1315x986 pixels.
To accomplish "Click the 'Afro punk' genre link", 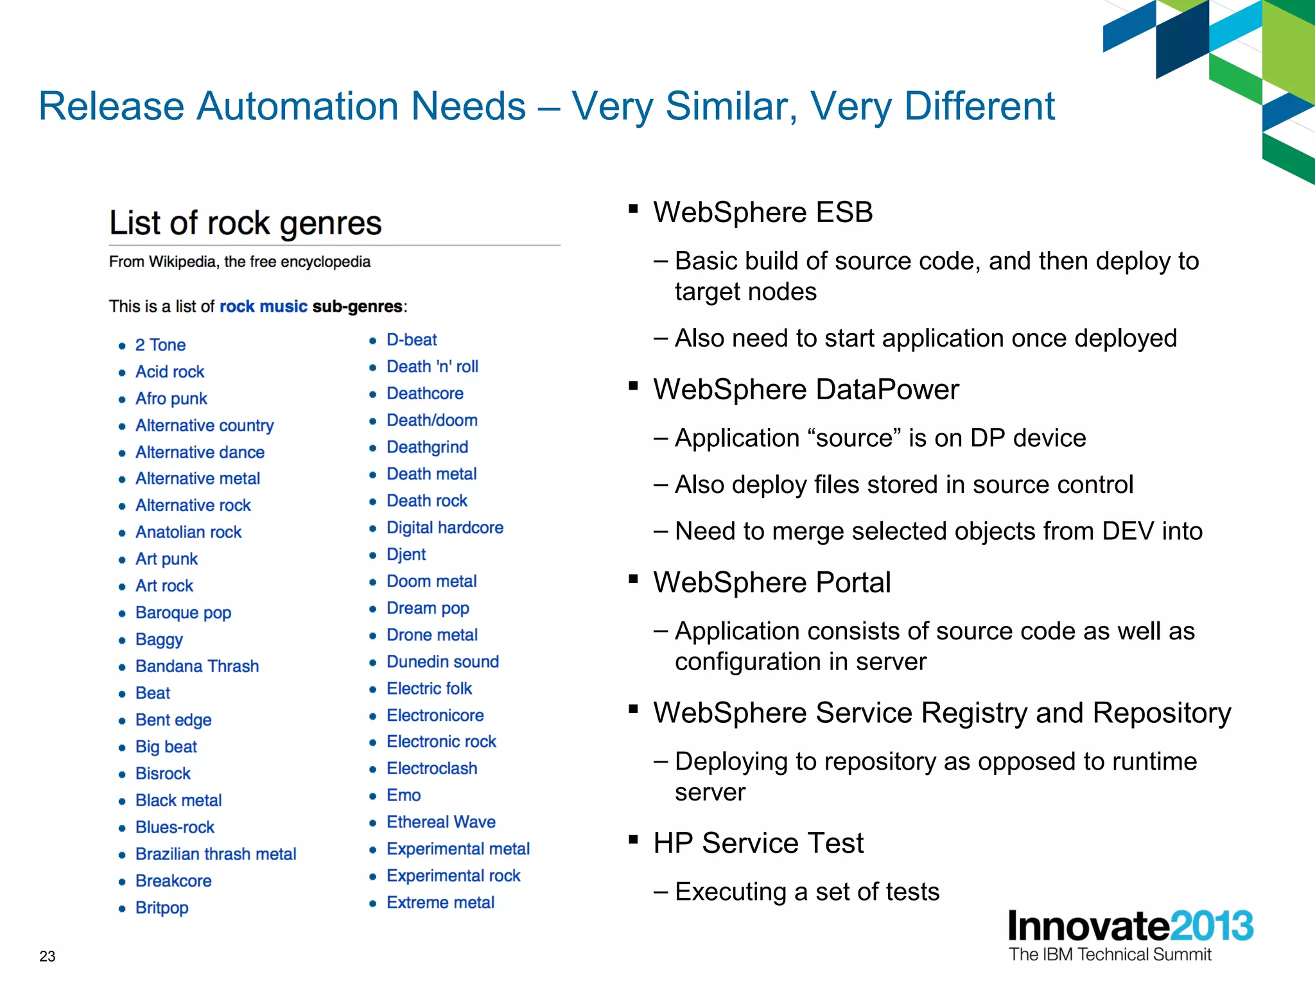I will pos(171,399).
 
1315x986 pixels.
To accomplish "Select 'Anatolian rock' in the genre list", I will pos(188,532).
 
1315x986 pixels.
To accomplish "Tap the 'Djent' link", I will pos(406,554).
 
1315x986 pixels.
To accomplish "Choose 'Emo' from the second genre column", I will pos(403,795).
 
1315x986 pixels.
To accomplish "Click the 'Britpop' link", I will pos(162,908).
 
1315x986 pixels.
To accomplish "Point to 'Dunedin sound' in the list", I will pos(442,662).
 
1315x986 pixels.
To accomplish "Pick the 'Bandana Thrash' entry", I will pos(197,666).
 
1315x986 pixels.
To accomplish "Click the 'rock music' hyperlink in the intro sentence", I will pos(263,306).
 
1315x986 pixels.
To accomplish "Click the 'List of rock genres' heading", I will pos(245,223).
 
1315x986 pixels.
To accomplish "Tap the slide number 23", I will pos(48,956).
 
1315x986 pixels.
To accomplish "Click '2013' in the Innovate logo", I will pos(1211,926).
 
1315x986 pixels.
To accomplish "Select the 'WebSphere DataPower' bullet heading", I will pos(806,390).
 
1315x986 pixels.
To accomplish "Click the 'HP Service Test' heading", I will pos(758,843).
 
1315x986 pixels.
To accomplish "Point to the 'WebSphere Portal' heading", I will pos(772,583).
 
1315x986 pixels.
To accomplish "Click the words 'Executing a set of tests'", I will pos(807,892).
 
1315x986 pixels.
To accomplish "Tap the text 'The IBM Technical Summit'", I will pos(1110,955).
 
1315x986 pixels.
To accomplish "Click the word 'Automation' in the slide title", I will pos(361,106).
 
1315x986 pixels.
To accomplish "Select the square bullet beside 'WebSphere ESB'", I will pos(633,209).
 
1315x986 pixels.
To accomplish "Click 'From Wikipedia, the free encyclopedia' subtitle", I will pos(239,262).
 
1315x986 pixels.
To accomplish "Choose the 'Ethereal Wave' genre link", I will pos(440,822).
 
